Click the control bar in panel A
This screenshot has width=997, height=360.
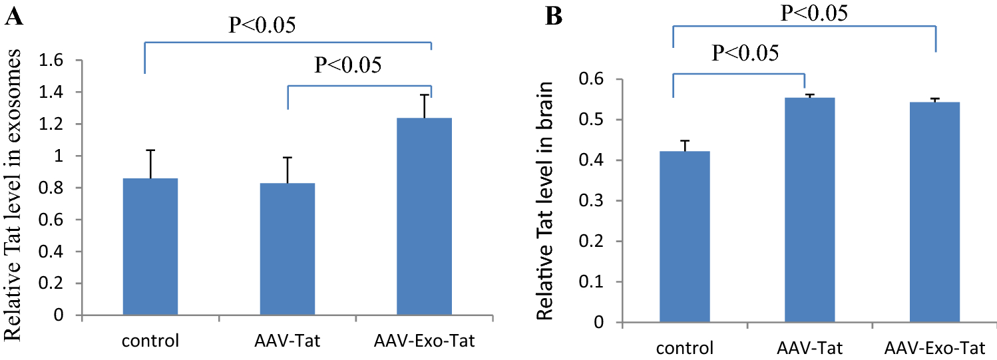150,246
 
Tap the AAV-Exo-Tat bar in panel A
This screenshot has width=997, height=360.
424,216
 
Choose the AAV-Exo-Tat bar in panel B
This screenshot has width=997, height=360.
936,212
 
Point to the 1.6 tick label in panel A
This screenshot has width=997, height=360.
58,61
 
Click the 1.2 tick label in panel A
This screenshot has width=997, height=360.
58,124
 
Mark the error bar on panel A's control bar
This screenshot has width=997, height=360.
151,164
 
